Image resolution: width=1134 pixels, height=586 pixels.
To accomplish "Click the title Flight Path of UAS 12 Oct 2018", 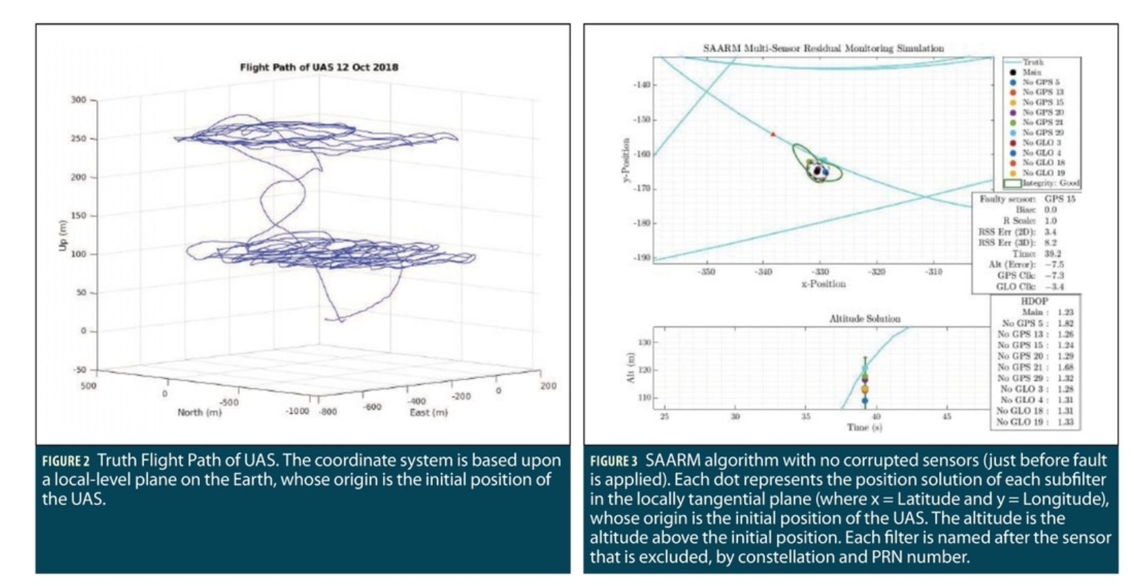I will tap(319, 67).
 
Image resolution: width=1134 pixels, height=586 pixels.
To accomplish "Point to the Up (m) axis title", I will tap(63, 236).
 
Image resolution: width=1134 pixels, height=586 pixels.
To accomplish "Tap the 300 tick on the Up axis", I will tap(79, 100).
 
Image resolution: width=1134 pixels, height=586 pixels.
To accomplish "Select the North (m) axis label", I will tap(199, 413).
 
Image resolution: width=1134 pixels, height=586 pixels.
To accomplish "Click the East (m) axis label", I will tap(428, 413).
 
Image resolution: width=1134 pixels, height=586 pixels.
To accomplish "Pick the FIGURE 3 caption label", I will tap(613, 461).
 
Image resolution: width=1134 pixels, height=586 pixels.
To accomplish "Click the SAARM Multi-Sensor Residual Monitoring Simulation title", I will tap(823, 48).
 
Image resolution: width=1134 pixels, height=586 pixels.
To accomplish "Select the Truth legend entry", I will tap(1033, 62).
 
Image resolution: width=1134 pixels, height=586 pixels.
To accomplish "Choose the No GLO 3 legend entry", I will tap(1041, 142).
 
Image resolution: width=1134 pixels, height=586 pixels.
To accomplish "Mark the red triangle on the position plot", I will tap(773, 134).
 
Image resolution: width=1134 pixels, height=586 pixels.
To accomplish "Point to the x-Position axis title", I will tap(823, 284).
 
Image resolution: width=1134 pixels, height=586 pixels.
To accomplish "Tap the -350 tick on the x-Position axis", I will tap(707, 272).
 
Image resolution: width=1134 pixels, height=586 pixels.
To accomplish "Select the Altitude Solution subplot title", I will tap(864, 319).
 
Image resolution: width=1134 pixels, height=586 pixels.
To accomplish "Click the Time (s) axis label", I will tap(864, 428).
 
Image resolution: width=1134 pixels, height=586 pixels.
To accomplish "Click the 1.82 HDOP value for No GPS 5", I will tap(1065, 323).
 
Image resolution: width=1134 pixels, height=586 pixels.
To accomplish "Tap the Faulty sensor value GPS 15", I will tap(1059, 199).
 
